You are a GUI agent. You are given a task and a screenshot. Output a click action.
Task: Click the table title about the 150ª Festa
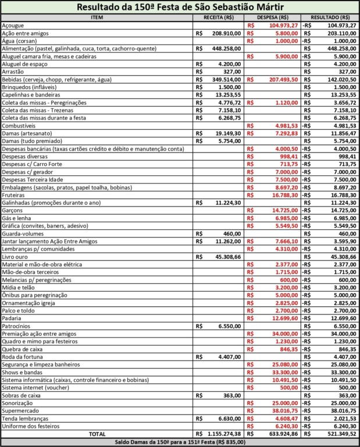pyautogui.click(x=180, y=8)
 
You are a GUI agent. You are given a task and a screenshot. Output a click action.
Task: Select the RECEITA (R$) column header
pyautogui.click(x=219, y=18)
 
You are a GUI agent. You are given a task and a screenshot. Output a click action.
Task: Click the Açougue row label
pyautogui.click(x=13, y=26)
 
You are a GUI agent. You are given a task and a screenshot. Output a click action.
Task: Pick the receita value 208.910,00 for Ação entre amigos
pyautogui.click(x=224, y=34)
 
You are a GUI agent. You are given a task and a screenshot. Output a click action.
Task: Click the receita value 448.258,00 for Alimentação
pyautogui.click(x=224, y=49)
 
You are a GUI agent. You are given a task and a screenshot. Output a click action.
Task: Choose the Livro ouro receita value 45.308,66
pyautogui.click(x=226, y=257)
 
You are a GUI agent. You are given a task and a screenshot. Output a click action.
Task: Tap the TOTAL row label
pyautogui.click(x=97, y=434)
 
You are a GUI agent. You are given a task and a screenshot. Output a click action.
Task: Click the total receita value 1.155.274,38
pyautogui.click(x=222, y=434)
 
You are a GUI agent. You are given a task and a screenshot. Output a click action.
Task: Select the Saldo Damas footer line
pyautogui.click(x=180, y=442)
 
